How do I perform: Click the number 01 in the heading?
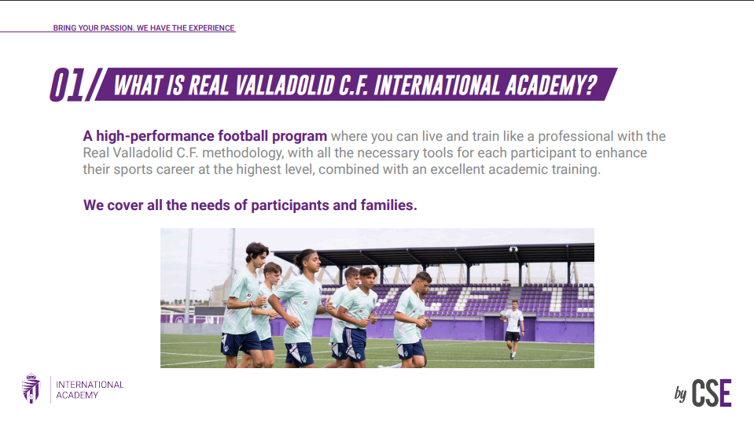coord(68,85)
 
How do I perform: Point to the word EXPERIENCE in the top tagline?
coord(211,28)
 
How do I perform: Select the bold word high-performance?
coord(155,137)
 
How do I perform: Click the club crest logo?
coord(31,388)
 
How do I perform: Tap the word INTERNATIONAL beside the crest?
coord(90,385)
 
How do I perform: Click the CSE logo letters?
coord(712,393)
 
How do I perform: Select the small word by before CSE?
coord(680,393)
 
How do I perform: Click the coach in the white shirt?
coord(513,329)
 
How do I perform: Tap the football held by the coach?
coord(503,314)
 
